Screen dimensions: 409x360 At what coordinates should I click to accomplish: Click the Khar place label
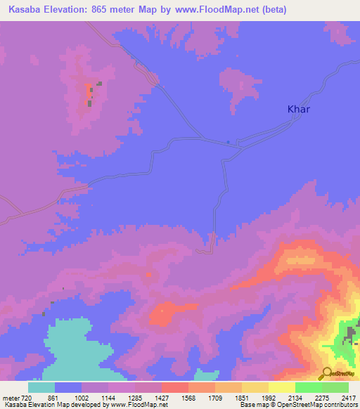coord(299,109)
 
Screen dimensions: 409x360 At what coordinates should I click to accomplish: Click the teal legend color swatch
coord(41,387)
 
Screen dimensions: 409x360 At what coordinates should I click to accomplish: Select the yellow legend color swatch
coord(282,387)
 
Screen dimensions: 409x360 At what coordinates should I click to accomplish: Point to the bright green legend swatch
coord(309,387)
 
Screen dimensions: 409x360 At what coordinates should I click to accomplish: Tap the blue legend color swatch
coord(68,387)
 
